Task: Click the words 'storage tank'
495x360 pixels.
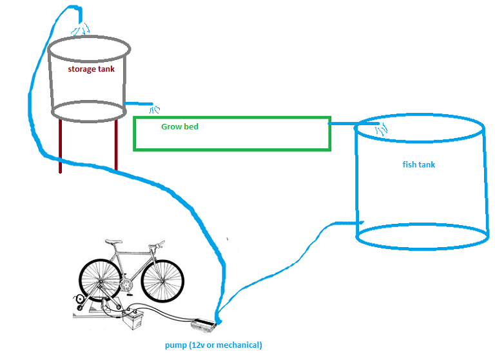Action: tap(92, 69)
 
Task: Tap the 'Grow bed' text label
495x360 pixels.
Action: tap(180, 127)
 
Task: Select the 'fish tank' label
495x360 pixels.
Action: tap(419, 165)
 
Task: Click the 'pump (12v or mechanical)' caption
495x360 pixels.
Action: tap(213, 345)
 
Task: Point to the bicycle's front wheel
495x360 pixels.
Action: tap(162, 281)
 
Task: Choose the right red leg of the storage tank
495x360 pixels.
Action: tap(117, 145)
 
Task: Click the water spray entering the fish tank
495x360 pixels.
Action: tap(380, 130)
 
